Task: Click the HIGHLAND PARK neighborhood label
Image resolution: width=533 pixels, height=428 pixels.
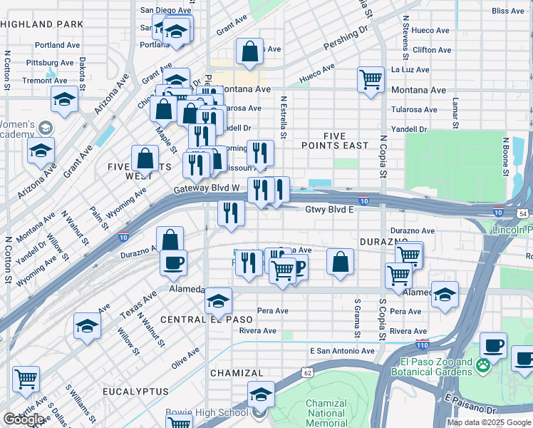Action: [x=43, y=24]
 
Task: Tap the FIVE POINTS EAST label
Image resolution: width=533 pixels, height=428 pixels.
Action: [x=346, y=141]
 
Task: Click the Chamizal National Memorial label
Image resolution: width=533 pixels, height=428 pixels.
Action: [x=326, y=413]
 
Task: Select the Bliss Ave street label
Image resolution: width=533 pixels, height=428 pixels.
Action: [x=508, y=11]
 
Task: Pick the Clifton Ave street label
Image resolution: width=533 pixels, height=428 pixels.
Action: [x=432, y=50]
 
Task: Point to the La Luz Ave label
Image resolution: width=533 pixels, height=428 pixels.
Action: [x=410, y=70]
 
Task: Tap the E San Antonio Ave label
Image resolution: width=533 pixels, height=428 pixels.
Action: [x=342, y=351]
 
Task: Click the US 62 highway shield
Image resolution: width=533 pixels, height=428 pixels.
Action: [x=307, y=372]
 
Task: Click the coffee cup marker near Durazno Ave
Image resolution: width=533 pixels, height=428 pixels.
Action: [x=173, y=263]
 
